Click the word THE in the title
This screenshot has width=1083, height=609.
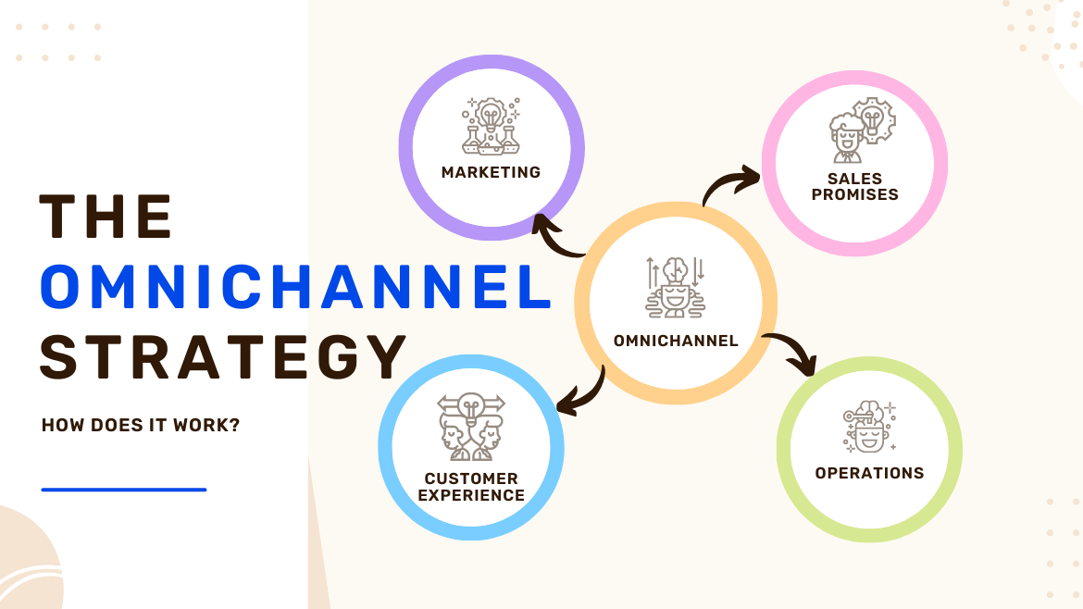point(106,217)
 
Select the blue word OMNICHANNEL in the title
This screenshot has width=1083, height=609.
point(295,287)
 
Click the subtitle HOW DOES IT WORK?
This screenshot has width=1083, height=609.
point(141,426)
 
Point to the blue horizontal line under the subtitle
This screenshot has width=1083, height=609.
point(124,490)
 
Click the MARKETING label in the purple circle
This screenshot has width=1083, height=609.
point(491,172)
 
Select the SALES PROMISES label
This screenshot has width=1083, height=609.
point(854,186)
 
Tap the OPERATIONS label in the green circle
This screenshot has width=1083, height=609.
point(869,473)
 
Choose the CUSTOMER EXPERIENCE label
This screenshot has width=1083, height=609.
point(471,487)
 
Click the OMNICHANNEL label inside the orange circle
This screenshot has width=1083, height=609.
point(676,341)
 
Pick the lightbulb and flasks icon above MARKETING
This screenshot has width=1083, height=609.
point(491,126)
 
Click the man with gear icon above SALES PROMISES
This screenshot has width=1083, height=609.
point(855,131)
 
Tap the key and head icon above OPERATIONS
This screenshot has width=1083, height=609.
point(868,427)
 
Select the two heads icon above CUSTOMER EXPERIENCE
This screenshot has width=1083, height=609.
point(471,428)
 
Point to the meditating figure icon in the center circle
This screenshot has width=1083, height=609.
point(676,287)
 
